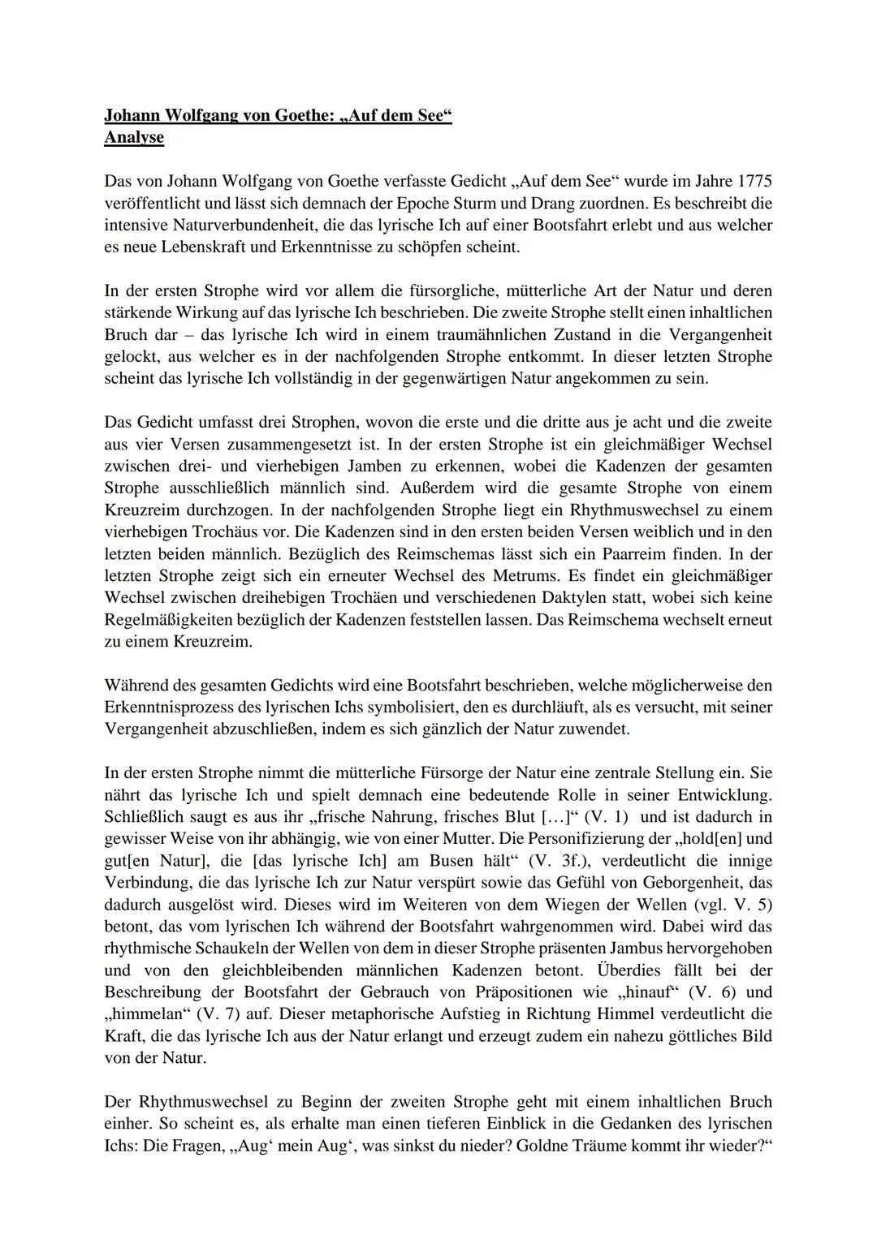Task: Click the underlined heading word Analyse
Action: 134,137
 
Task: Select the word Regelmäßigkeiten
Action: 166,620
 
